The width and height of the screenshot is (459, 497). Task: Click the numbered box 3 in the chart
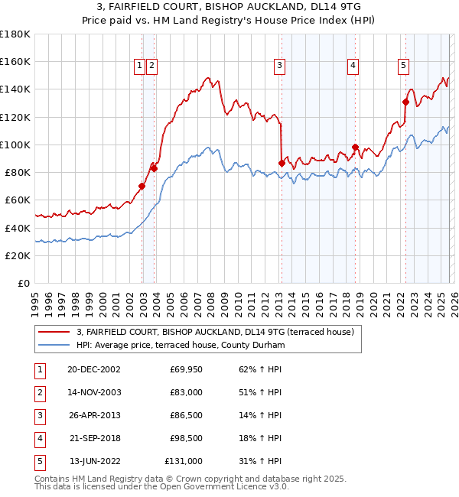click(x=280, y=67)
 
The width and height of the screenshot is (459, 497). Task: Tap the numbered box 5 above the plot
click(x=403, y=67)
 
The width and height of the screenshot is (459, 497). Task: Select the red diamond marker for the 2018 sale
click(x=355, y=147)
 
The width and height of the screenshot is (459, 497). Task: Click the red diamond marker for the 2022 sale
click(x=405, y=102)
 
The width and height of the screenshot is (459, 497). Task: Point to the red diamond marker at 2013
click(x=282, y=163)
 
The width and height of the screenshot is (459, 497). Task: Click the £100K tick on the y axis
click(x=15, y=145)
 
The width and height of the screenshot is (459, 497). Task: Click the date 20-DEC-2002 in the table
click(x=93, y=369)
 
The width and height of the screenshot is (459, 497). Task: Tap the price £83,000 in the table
click(x=186, y=392)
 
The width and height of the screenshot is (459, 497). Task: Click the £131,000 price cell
click(x=184, y=461)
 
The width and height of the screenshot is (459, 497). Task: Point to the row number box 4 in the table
click(x=39, y=438)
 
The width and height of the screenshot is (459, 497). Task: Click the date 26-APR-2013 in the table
click(x=93, y=415)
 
